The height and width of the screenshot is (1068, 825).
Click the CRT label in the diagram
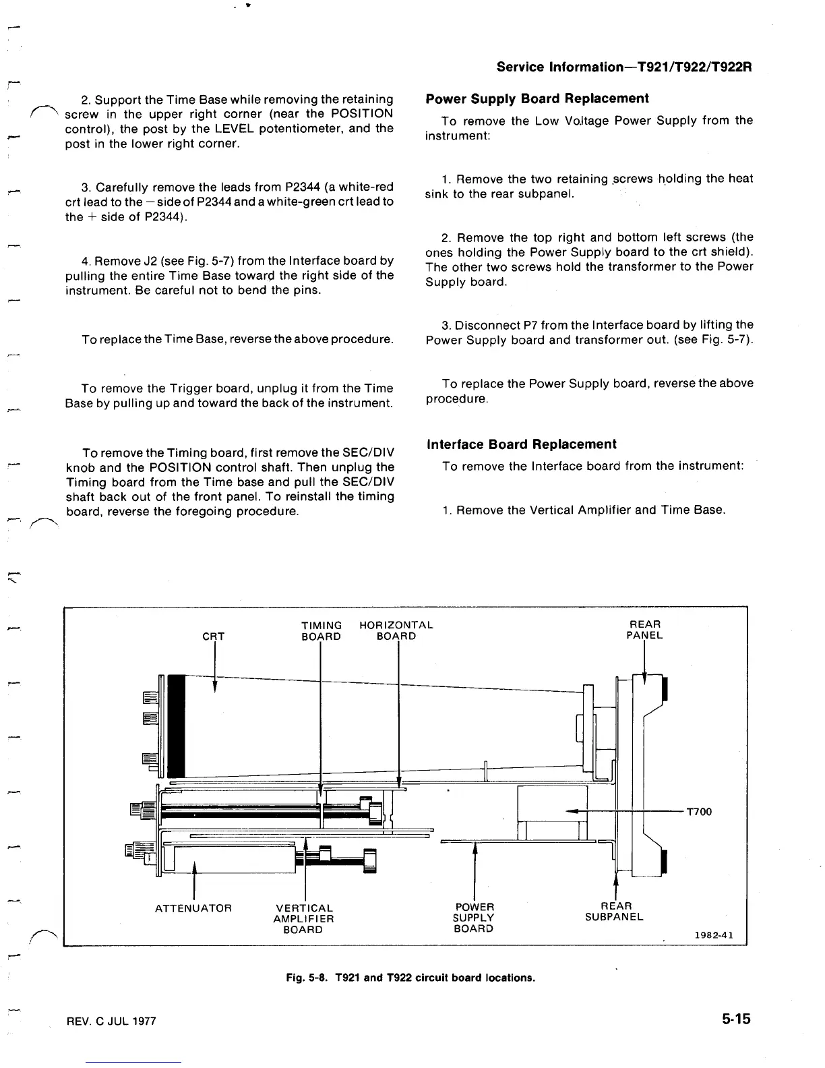point(214,636)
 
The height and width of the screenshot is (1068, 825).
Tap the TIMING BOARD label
point(321,630)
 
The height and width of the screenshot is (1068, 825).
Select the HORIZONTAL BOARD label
point(396,630)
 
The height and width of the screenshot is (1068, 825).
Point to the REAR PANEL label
point(644,630)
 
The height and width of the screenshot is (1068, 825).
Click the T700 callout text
point(699,811)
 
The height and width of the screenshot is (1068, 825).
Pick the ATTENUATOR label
point(193,908)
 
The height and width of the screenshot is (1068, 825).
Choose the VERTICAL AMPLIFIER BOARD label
point(303,919)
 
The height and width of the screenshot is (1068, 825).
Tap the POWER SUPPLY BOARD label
point(474,918)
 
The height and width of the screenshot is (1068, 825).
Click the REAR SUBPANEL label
point(614,912)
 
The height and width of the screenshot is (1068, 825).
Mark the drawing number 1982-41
point(714,935)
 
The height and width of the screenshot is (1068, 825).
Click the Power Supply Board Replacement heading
point(537,98)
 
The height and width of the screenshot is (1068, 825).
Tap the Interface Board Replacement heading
point(521,444)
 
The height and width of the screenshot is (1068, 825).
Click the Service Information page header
point(624,67)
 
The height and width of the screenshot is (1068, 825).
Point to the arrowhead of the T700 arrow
point(572,811)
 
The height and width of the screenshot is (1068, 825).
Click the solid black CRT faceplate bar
point(176,725)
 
